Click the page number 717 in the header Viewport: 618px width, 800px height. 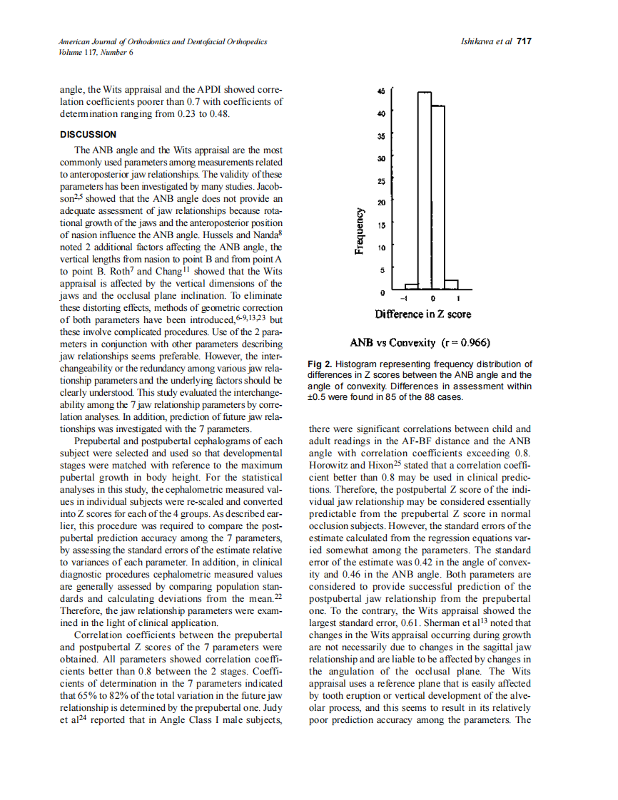525,42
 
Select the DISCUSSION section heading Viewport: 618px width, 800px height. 88,134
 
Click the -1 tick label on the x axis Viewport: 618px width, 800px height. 404,298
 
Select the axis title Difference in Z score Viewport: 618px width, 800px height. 423,314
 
